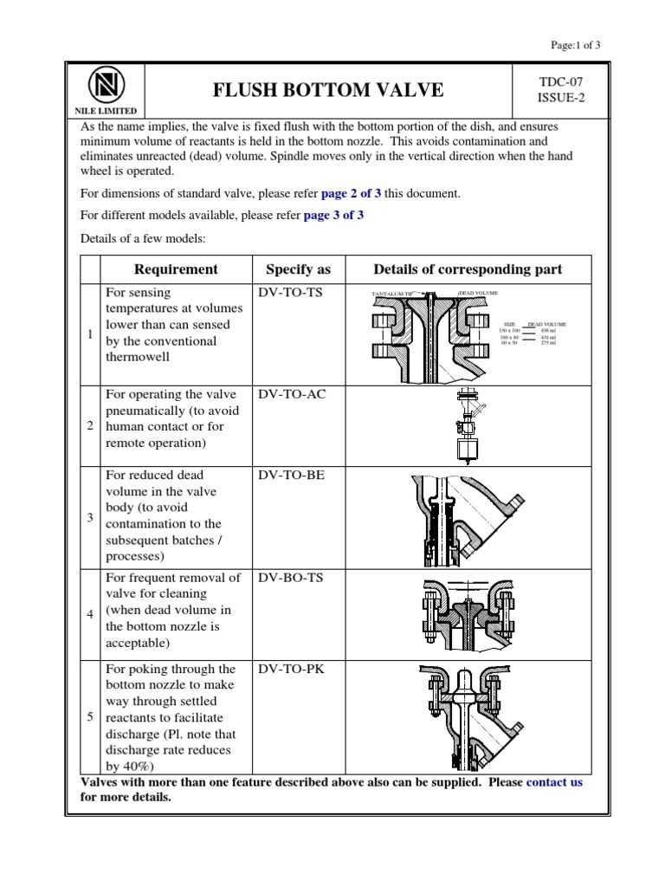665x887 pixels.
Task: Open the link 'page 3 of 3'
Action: click(333, 216)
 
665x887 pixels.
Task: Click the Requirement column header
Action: click(176, 269)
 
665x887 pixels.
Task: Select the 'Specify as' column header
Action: click(298, 269)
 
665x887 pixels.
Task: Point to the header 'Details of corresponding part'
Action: click(468, 269)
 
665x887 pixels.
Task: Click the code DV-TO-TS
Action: click(290, 293)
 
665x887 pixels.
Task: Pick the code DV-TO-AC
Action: click(291, 395)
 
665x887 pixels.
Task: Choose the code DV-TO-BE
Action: click(290, 476)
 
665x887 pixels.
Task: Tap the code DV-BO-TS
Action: click(290, 578)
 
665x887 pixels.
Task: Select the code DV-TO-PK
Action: click(290, 670)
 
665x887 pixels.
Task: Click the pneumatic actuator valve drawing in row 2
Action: click(467, 426)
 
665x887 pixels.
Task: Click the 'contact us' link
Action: click(554, 782)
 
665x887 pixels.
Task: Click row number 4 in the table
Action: click(90, 614)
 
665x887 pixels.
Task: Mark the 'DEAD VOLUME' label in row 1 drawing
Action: click(478, 295)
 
